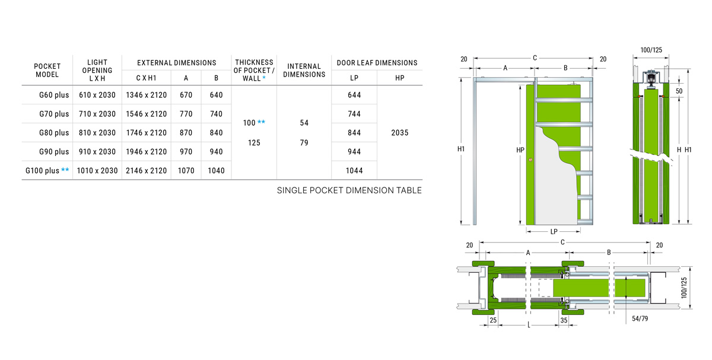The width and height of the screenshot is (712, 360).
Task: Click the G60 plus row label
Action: pos(54,95)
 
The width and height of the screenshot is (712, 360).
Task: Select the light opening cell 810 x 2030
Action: pos(97,133)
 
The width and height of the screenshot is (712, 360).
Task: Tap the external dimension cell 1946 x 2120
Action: pos(146,152)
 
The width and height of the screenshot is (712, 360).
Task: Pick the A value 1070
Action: pos(186,171)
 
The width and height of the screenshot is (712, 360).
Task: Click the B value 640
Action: pos(216,95)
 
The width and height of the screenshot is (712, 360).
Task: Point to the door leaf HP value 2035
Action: pos(400,133)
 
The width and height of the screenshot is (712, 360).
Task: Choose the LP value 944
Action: pos(354,152)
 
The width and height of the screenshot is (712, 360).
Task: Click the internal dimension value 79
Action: pos(304,143)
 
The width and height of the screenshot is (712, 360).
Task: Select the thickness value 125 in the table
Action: pos(254,143)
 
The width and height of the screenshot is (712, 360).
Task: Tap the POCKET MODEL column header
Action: pos(47,70)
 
